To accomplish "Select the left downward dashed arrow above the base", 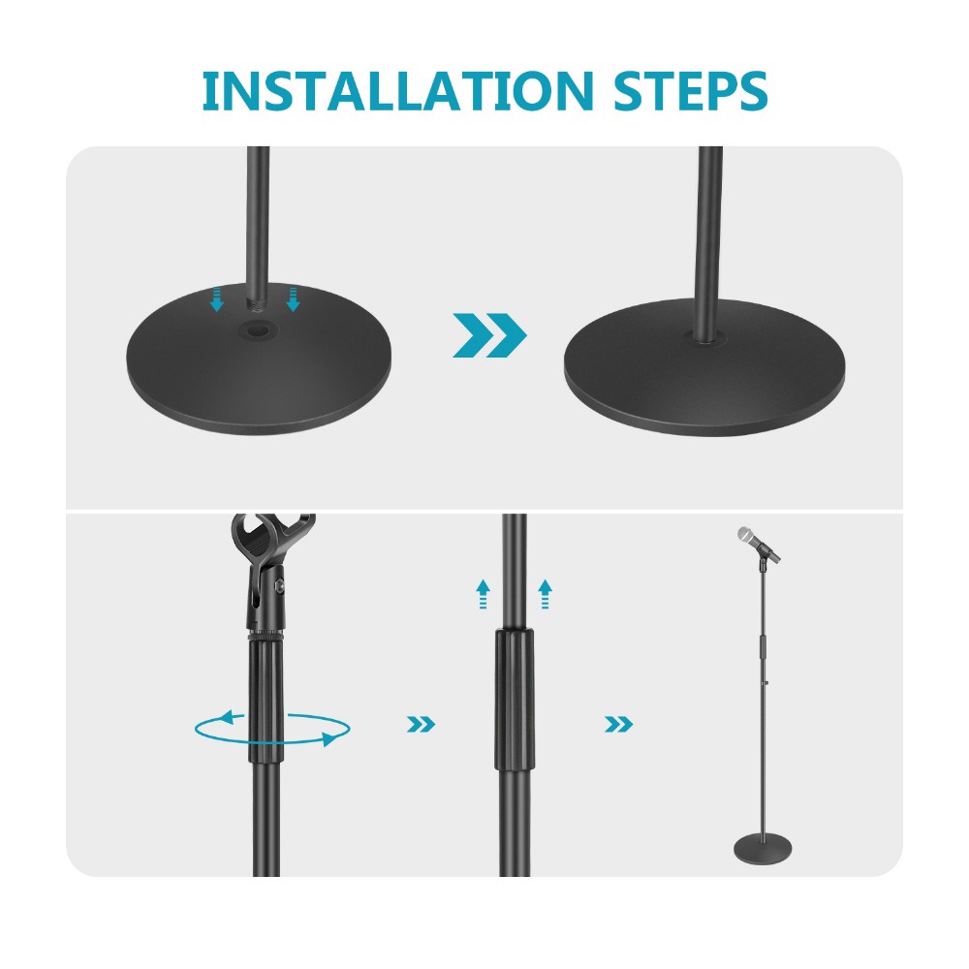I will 217,297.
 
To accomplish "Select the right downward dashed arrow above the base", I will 293,297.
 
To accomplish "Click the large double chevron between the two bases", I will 489,336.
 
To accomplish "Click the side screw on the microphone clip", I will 282,585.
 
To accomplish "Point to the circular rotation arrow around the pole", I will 270,729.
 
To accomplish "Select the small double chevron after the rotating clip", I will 421,724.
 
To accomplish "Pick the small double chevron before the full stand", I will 618,724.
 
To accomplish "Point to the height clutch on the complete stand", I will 761,643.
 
